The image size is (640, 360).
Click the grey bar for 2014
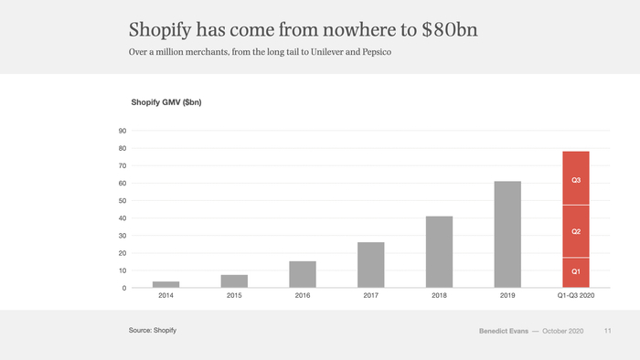click(165, 284)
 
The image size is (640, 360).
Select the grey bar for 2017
click(371, 265)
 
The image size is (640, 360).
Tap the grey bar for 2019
click(507, 235)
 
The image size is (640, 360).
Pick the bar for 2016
click(303, 274)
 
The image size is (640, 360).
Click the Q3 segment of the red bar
click(576, 178)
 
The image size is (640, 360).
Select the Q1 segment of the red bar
click(576, 272)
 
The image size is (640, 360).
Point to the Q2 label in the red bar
click(576, 232)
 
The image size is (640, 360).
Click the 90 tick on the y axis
click(123, 131)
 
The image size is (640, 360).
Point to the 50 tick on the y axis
click(123, 201)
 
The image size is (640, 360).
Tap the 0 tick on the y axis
click(124, 288)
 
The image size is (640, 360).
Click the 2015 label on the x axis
click(234, 297)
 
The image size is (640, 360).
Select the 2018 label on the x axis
click(439, 297)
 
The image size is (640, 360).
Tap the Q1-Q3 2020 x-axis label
click(576, 297)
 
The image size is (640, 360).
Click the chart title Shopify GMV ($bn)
click(165, 102)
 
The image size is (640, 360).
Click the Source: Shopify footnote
click(152, 329)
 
